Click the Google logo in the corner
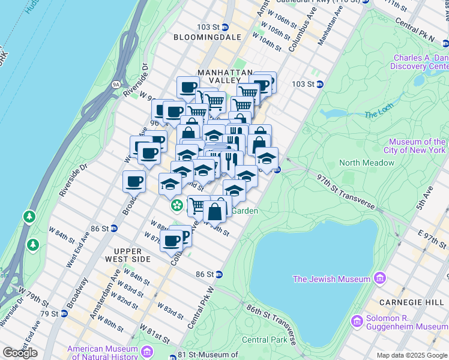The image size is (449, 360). [x=20, y=353]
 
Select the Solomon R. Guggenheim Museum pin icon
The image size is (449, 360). [x=358, y=321]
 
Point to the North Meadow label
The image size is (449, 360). [x=367, y=163]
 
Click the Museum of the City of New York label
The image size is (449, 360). [x=417, y=146]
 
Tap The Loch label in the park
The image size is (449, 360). [x=378, y=113]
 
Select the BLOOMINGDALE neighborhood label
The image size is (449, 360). [x=207, y=37]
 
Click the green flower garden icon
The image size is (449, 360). [x=176, y=206]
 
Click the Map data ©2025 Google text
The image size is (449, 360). [x=411, y=355]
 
